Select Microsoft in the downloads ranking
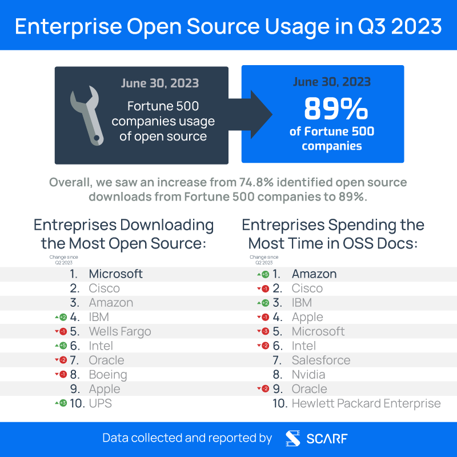point(115,274)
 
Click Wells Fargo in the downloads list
point(119,331)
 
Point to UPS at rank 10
point(100,403)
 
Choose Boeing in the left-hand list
point(107,375)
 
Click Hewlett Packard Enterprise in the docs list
point(366,403)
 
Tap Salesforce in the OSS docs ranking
point(320,360)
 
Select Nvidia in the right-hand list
point(308,375)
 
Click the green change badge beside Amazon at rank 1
point(265,274)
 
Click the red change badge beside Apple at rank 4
point(265,317)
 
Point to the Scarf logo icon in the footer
point(293,438)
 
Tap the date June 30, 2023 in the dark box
point(159,83)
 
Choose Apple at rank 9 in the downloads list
point(104,389)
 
